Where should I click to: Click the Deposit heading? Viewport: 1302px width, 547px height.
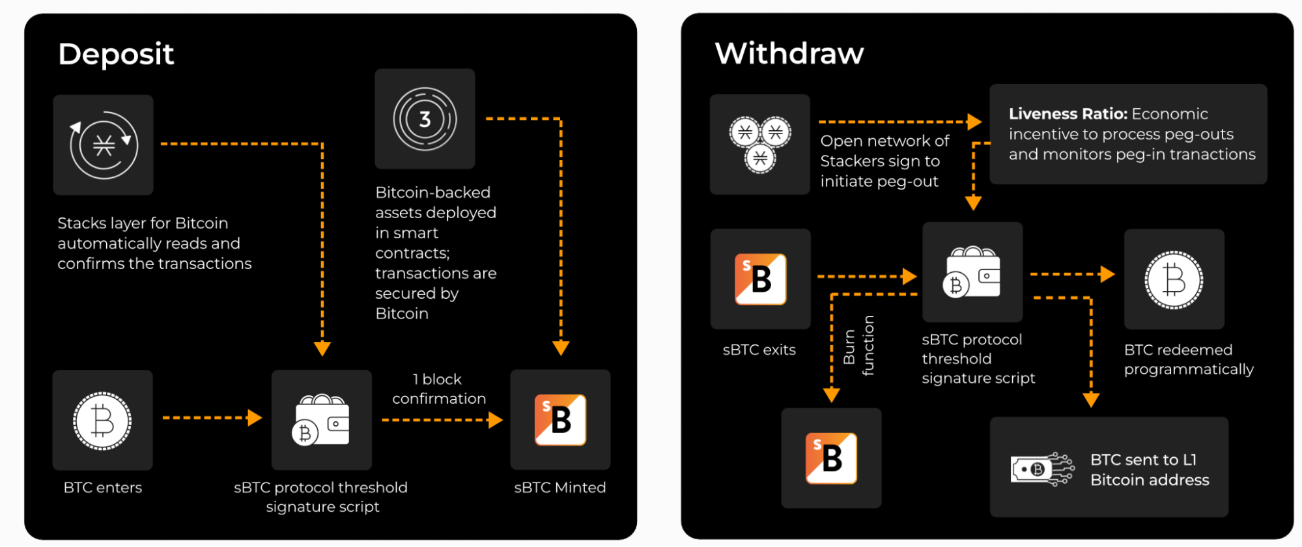coord(116,54)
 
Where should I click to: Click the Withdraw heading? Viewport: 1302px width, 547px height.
coord(789,53)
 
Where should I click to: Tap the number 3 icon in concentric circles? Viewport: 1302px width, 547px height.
coord(425,119)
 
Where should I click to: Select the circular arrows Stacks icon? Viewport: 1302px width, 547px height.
coord(104,145)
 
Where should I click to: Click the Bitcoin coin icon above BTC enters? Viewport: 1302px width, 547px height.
coord(102,421)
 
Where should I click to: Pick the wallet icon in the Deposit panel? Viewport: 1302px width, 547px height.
coord(321,421)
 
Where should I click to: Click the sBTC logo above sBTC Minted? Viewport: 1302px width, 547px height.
coord(560,420)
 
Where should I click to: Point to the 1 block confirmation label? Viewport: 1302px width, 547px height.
coord(439,389)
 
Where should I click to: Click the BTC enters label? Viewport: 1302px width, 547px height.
coord(103,488)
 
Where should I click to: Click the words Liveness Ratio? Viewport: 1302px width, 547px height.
coord(1068,114)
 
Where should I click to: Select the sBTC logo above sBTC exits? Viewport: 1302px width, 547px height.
coord(760,279)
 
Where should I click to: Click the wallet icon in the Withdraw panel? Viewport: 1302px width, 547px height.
coord(972,272)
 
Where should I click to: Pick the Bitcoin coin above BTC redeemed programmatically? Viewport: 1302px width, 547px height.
coord(1174,279)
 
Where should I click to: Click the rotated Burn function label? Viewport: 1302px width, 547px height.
coord(858,346)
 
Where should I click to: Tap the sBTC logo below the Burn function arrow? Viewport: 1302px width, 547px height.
coord(831,458)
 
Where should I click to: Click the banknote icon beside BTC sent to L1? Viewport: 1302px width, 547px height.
coord(1041,469)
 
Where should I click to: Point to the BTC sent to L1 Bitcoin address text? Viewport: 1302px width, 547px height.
coord(1149,470)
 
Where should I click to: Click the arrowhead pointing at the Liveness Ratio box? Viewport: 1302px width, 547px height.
coord(974,122)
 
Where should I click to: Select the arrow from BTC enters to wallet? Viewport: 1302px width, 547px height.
coord(212,417)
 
